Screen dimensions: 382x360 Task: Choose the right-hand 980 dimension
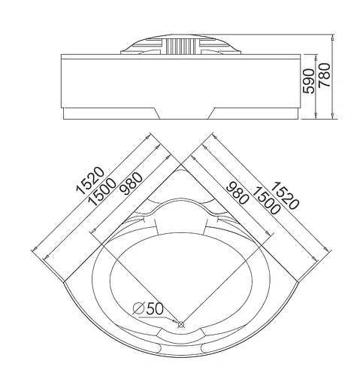pos(230,198)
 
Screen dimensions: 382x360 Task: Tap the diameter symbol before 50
pos(138,308)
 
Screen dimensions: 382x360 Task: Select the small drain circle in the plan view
pos(180,325)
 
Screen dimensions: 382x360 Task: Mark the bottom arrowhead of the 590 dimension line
pos(316,114)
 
